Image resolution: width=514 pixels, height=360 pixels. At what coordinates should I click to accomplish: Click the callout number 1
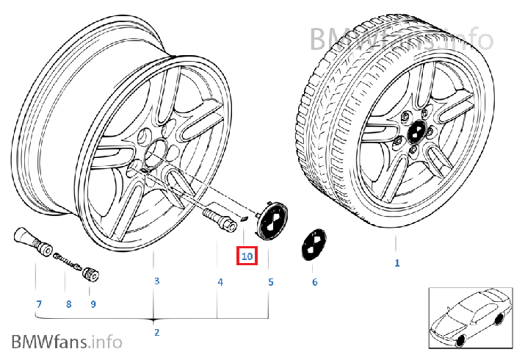[397, 263]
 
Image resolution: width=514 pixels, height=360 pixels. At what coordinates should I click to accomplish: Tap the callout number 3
[156, 281]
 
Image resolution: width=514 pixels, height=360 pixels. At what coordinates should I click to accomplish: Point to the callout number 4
[219, 281]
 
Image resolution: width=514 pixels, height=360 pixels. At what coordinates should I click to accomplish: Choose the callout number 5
[269, 281]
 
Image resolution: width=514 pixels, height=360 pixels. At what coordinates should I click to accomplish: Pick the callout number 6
[314, 281]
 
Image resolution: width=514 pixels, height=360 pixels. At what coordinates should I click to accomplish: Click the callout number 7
[39, 303]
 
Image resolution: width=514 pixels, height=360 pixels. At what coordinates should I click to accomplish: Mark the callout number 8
[68, 303]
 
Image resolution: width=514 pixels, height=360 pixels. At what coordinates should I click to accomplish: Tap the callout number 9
[93, 303]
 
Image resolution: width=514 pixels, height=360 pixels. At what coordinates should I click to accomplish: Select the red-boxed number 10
[246, 256]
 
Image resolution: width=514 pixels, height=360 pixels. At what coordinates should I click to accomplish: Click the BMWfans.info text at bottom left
[67, 342]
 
